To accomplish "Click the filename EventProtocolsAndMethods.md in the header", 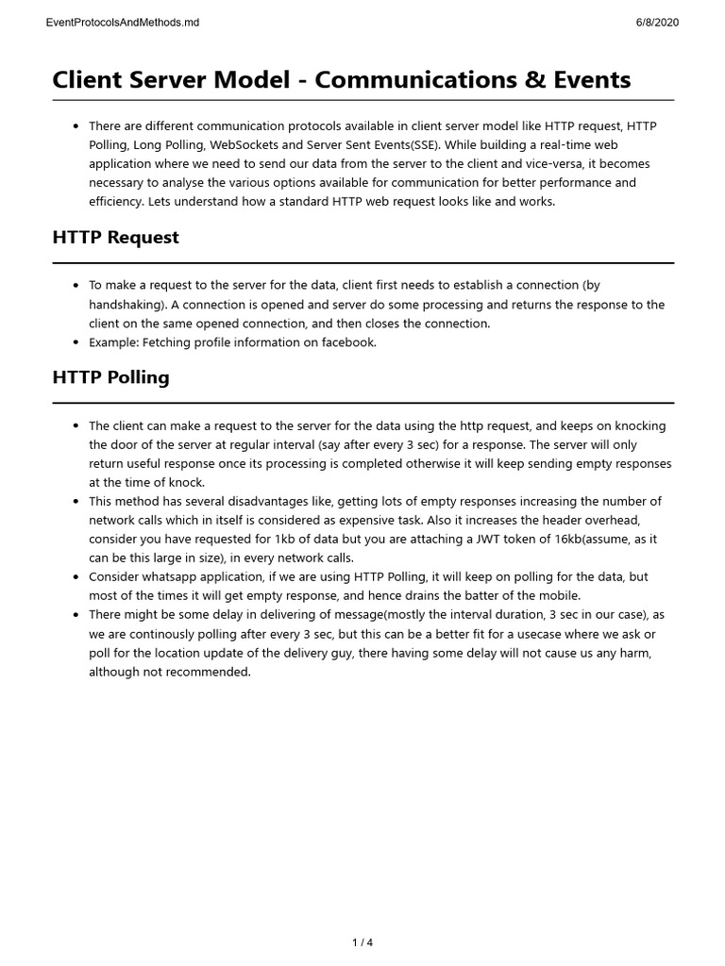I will pyautogui.click(x=122, y=22).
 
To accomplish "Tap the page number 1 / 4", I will pyautogui.click(x=362, y=942).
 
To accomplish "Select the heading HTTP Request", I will pyautogui.click(x=115, y=238).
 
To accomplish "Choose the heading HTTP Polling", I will pyautogui.click(x=110, y=377).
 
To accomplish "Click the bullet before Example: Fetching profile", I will pyautogui.click(x=76, y=342).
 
